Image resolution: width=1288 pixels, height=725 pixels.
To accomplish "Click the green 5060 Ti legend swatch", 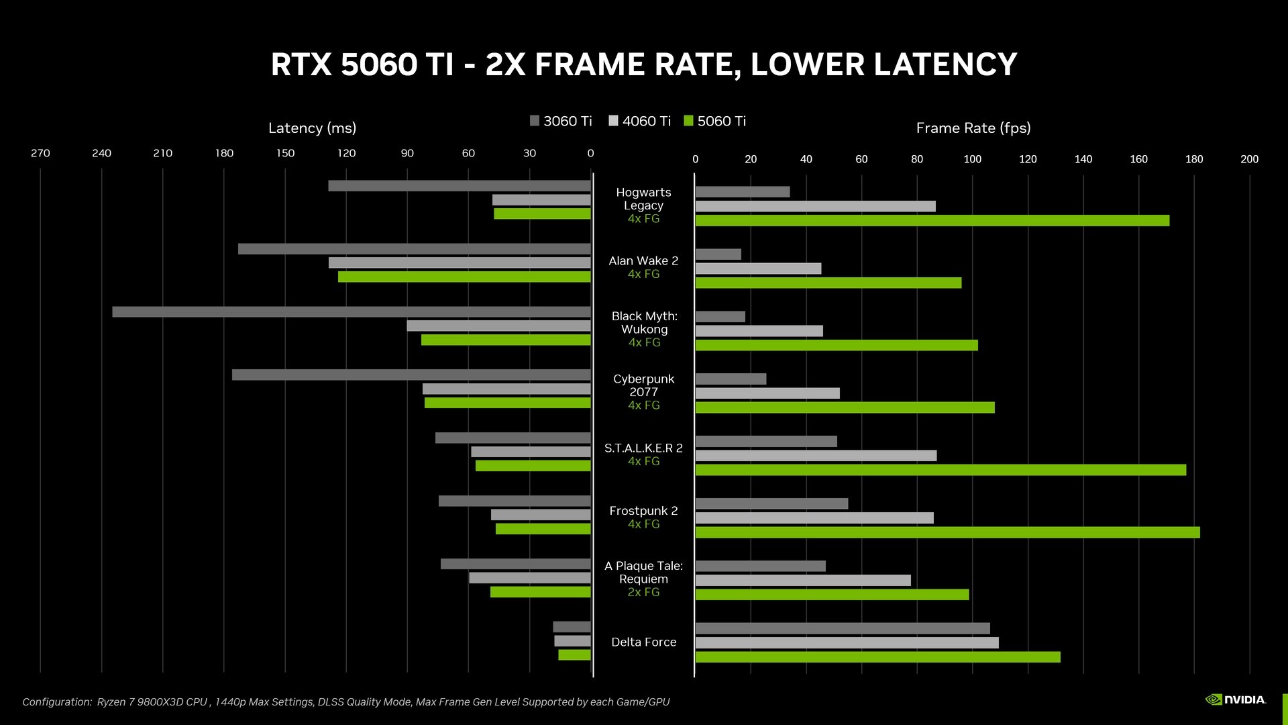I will coord(688,121).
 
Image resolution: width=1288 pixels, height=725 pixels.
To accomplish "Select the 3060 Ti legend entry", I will coord(561,121).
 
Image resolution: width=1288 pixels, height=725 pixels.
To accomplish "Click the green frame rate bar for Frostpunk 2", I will coord(947,532).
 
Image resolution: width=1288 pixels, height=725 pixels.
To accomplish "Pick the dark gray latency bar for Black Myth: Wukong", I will coord(351,312).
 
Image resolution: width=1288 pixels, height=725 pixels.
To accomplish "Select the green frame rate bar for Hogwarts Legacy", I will coord(932,220).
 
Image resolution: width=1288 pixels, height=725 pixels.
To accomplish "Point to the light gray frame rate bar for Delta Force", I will coord(847,643).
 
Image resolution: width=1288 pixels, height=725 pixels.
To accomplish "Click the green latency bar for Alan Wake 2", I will coord(464,277).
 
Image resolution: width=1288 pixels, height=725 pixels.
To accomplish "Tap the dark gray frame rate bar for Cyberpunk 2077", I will coord(731,379).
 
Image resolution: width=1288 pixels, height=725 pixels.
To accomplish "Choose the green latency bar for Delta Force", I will coord(574,655).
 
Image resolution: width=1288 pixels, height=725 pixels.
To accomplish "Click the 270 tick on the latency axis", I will coord(40,153).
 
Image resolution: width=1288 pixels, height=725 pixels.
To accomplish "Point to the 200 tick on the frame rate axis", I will coord(1249,159).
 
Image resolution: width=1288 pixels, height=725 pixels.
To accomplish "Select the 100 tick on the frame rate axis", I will coord(972,159).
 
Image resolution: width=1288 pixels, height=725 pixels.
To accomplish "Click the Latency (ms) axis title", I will coord(312,128).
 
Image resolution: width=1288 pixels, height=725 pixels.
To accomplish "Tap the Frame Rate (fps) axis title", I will coord(973,128).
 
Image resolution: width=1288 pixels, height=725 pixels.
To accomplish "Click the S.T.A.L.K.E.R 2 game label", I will coord(643,448).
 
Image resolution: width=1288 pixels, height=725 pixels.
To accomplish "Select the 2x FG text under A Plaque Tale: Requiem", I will coord(643,592).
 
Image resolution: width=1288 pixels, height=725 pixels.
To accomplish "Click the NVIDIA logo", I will coord(1236,699).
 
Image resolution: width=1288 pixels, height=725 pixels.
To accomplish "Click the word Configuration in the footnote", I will coord(56,702).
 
